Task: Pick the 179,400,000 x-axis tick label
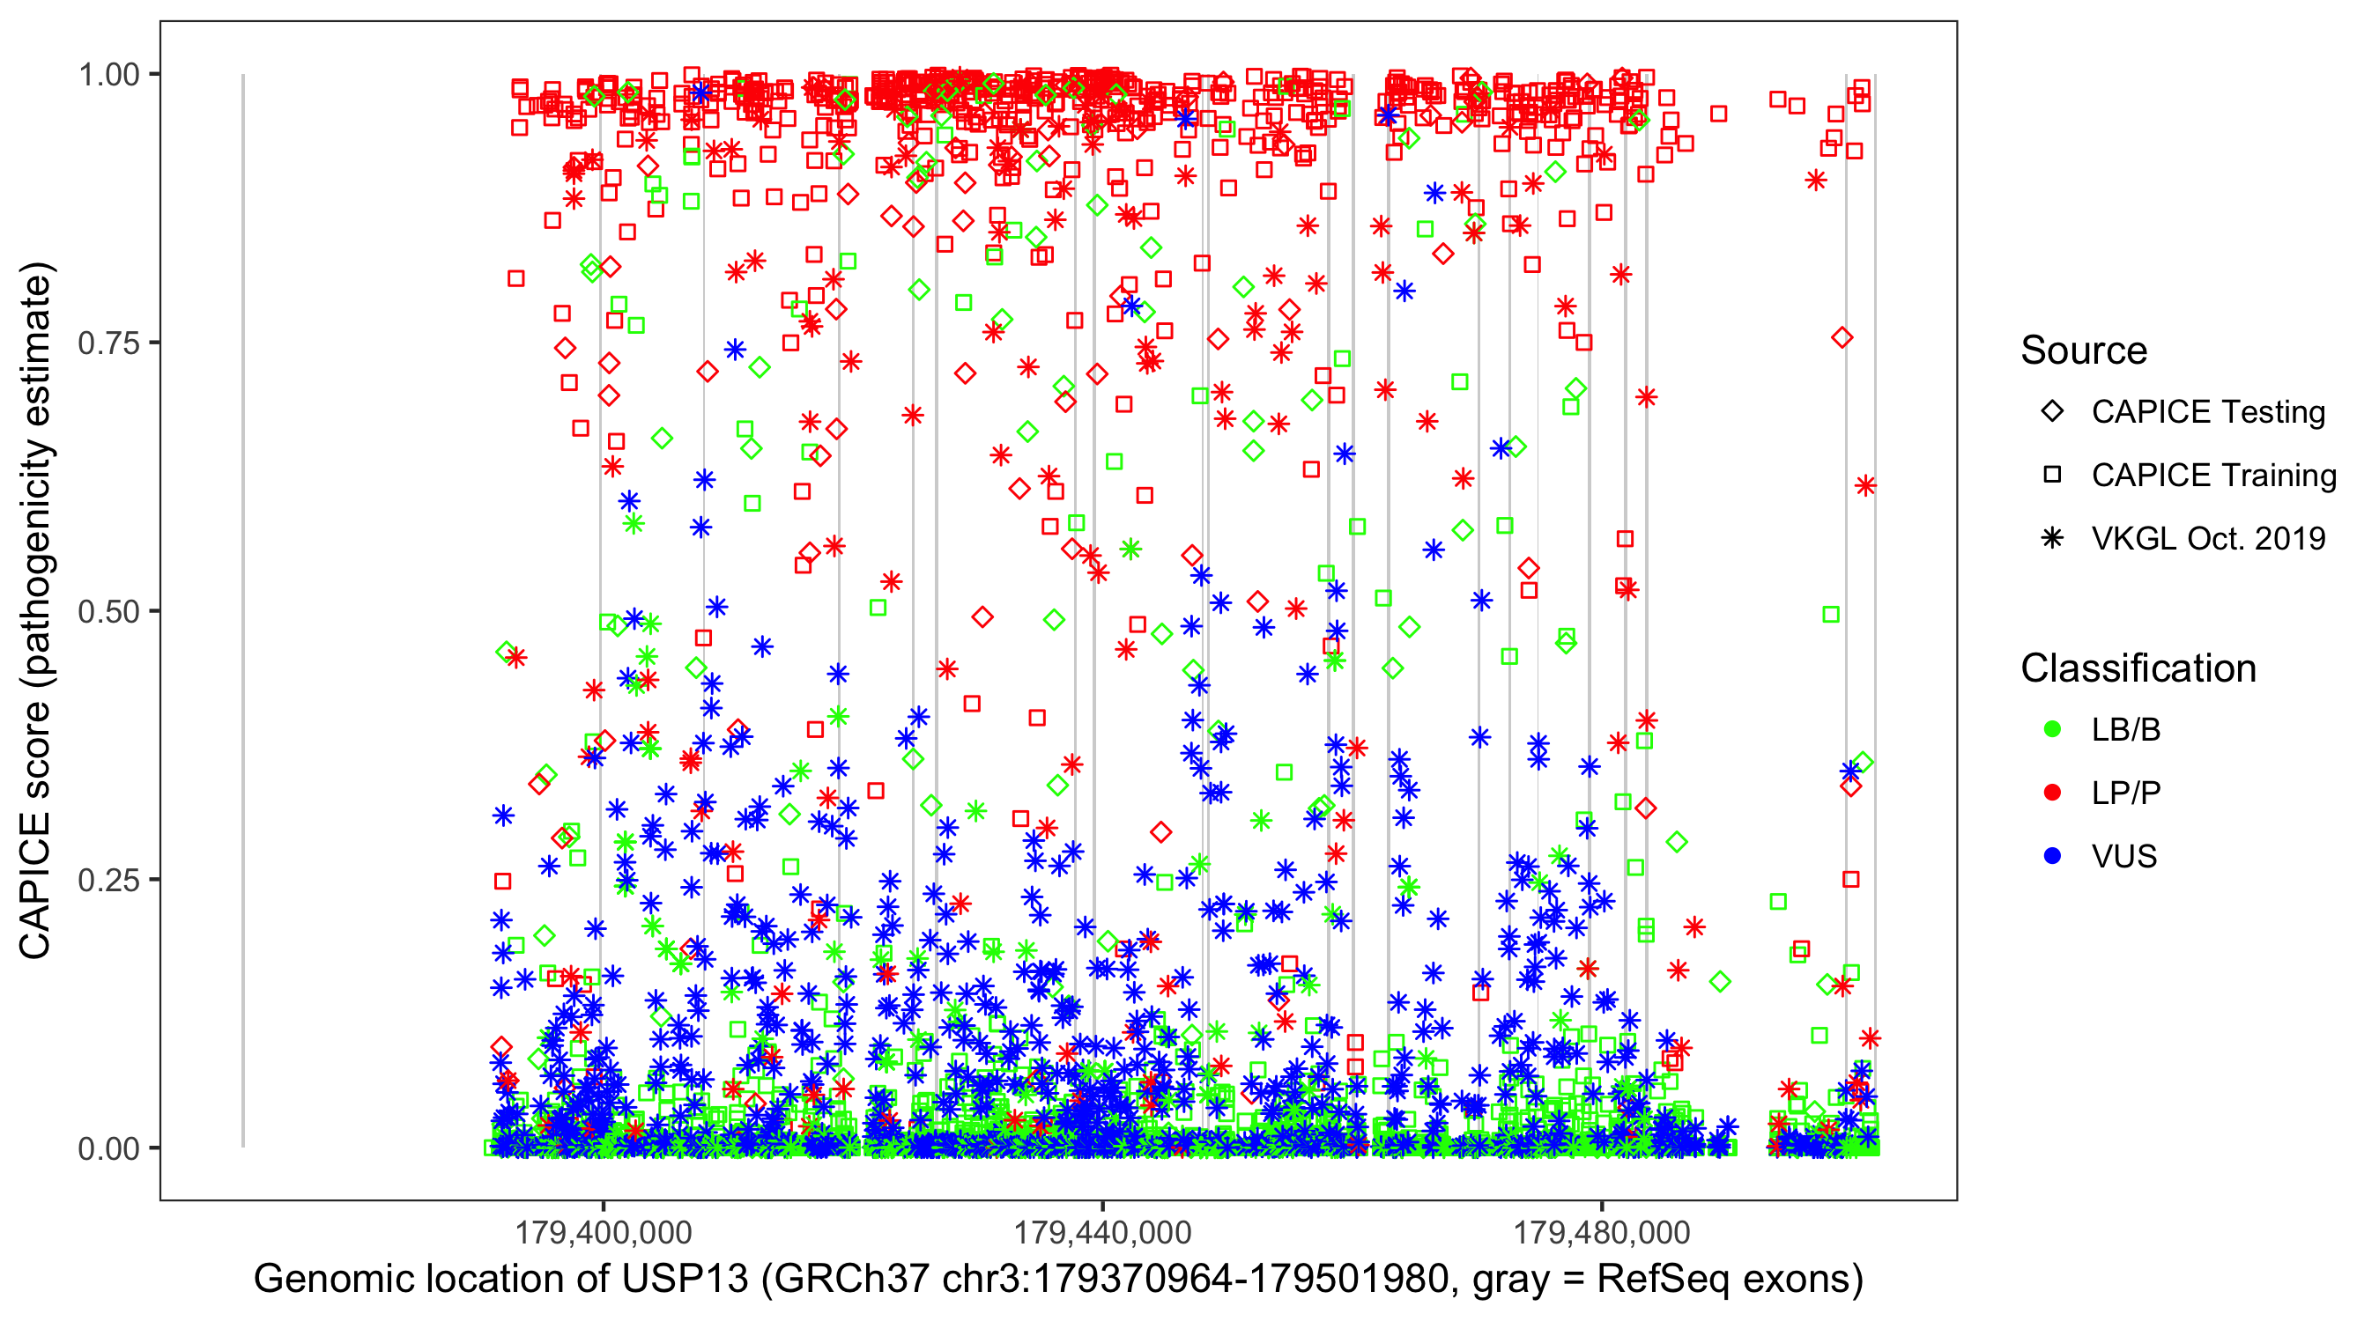(x=603, y=1231)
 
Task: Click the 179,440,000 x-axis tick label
(x=1102, y=1231)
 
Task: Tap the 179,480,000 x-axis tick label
(x=1603, y=1231)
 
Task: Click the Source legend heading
(x=2084, y=351)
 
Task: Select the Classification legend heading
(x=2138, y=668)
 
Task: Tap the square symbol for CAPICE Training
(x=2052, y=475)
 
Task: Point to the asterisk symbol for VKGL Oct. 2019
(x=2052, y=538)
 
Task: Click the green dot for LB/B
(x=2052, y=729)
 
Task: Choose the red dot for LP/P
(x=2052, y=793)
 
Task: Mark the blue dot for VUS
(x=2052, y=856)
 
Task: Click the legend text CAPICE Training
(x=2213, y=476)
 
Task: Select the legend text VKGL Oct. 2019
(x=2208, y=538)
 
